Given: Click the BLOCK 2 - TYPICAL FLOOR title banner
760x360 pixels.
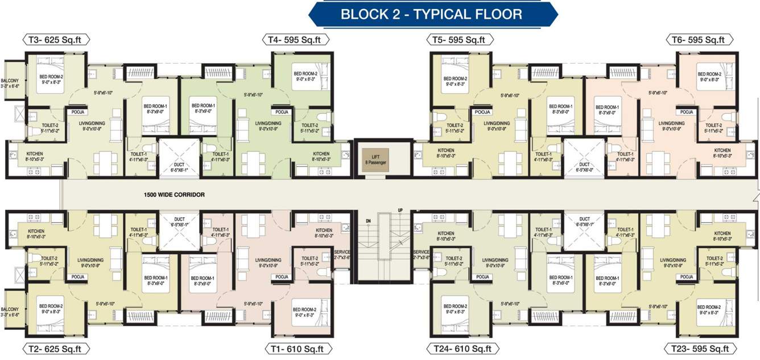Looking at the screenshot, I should coord(431,14).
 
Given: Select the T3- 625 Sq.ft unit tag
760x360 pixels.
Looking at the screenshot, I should coord(56,40).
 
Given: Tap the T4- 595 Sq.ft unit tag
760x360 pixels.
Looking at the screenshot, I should coord(295,40).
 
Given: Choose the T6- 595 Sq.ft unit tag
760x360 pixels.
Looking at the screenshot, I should coord(698,40).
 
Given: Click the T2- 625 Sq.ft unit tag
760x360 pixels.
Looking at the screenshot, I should coord(56,348).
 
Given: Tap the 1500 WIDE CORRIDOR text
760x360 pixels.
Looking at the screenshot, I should coord(174,195).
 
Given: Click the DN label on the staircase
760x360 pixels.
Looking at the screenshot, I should coord(368,221).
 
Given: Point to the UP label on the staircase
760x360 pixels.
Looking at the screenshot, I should coord(400,211).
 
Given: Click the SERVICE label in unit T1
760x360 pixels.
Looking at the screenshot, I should coord(342,254).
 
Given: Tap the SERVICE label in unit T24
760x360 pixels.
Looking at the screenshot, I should coord(421,254).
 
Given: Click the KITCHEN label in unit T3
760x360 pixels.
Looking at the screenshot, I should coord(34,156).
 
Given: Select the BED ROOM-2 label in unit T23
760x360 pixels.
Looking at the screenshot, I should coord(709,309).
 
